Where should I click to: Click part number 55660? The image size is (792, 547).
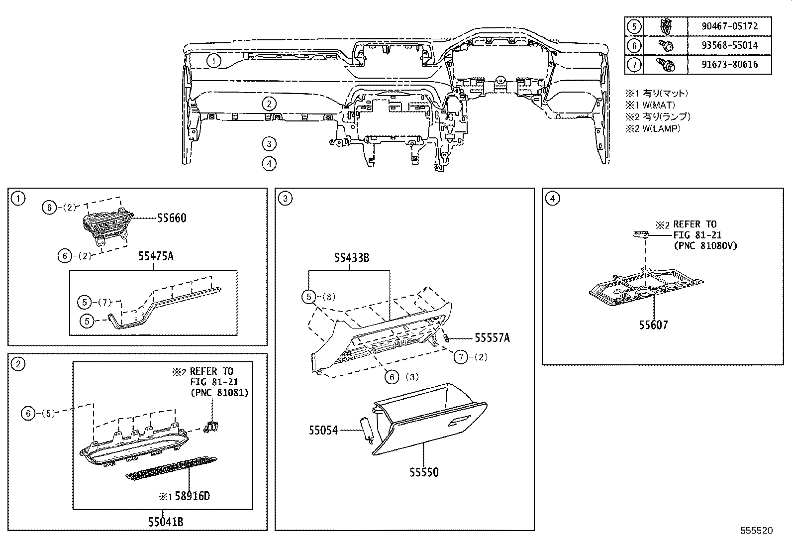(x=172, y=218)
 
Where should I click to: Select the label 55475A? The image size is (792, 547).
(x=156, y=257)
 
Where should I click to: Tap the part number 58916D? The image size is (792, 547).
(x=190, y=496)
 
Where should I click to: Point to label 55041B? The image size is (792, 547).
(x=166, y=522)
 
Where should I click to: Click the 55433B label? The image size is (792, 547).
(x=352, y=258)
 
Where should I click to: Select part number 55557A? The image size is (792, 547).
(x=492, y=338)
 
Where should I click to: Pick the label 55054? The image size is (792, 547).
(x=323, y=430)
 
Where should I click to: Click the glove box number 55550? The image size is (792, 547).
(x=424, y=472)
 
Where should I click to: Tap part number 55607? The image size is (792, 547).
(x=653, y=325)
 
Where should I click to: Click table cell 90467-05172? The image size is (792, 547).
(x=729, y=26)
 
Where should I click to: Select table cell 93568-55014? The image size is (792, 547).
(x=729, y=45)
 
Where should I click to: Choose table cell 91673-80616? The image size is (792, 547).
(x=729, y=65)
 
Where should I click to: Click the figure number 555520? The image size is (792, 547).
(x=756, y=531)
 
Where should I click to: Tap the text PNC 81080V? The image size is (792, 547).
(x=705, y=245)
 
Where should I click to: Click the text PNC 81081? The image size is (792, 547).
(x=219, y=393)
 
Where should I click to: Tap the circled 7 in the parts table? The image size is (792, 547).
(x=634, y=65)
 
